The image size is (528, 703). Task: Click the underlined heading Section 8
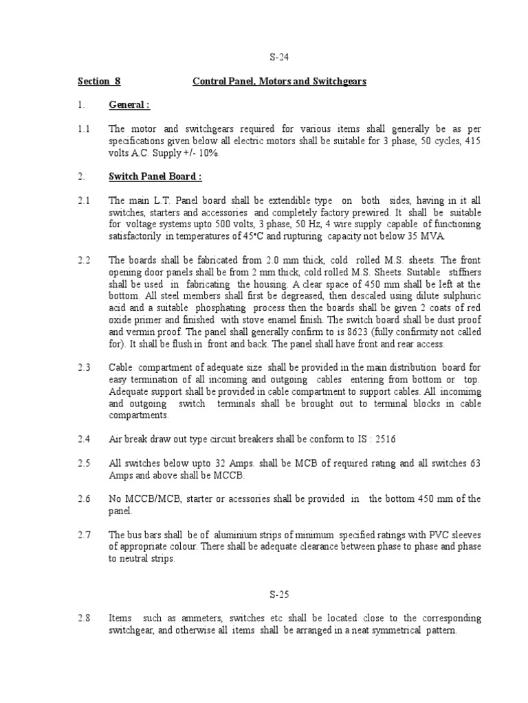[99, 82]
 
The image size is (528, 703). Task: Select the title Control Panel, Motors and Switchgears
[279, 82]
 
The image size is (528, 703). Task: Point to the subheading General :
[129, 105]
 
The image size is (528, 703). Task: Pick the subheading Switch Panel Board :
[155, 176]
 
